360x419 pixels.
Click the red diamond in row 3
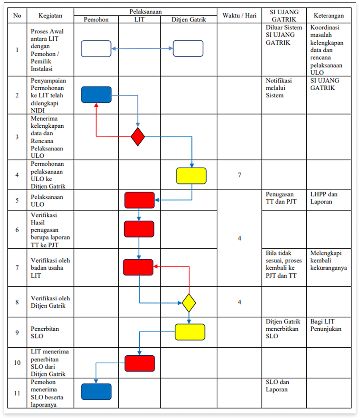click(x=138, y=136)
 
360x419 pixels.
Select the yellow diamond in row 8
click(x=189, y=303)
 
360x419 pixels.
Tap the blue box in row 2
click(x=96, y=95)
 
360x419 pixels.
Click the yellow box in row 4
click(x=191, y=176)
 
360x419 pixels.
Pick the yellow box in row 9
click(x=190, y=332)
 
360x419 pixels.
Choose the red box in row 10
click(x=139, y=363)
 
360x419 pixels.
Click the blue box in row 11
click(x=96, y=392)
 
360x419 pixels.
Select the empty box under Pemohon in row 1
click(x=96, y=49)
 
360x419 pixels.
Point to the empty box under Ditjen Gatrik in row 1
click(x=188, y=49)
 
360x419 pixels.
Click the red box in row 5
click(x=139, y=200)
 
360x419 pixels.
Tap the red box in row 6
click(x=139, y=229)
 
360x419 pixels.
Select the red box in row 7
click(x=138, y=267)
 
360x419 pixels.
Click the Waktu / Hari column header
click(x=239, y=16)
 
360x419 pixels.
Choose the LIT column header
click(x=139, y=19)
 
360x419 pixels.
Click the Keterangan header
click(x=329, y=16)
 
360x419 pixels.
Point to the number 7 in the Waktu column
click(x=239, y=175)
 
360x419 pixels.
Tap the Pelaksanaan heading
click(x=145, y=12)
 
